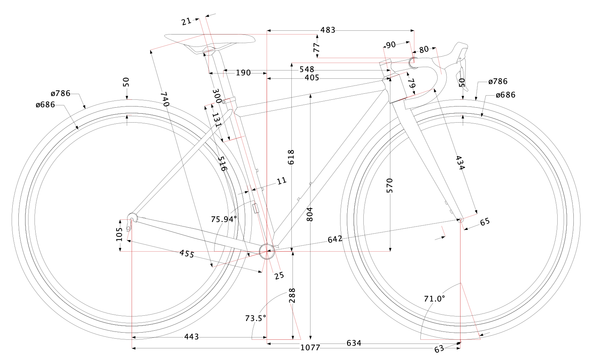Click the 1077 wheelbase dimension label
[x=310, y=348]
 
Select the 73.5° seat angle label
[x=255, y=318]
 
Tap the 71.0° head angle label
[x=434, y=299]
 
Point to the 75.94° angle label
[x=224, y=219]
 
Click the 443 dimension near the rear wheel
[x=191, y=337]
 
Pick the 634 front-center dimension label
[x=354, y=343]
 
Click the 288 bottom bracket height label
[x=292, y=295]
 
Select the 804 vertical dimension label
[x=310, y=214]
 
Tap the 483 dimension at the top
[x=328, y=30]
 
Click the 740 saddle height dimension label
[x=164, y=99]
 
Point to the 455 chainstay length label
[x=187, y=254]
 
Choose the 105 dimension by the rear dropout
[x=119, y=234]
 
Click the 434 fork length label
[x=460, y=163]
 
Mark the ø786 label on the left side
[x=60, y=93]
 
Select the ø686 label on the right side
[x=505, y=95]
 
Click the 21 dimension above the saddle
[x=186, y=21]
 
